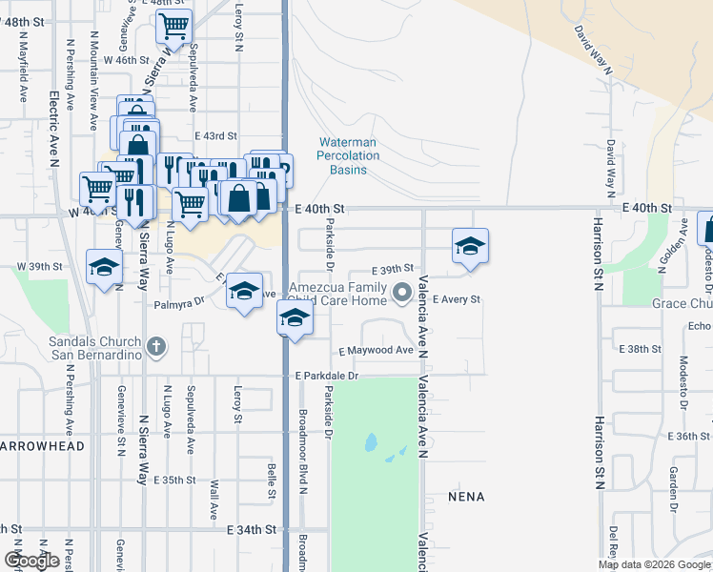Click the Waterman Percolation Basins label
point(348,155)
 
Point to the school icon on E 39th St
point(469,247)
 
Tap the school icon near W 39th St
point(104,268)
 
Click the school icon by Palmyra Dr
point(244,291)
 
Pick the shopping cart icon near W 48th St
point(173,27)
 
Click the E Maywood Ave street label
point(375,351)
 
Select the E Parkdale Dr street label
point(326,377)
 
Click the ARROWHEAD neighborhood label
point(43,446)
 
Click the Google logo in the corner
point(31,561)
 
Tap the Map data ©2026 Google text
point(653,564)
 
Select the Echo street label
point(700,326)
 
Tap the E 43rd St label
point(215,137)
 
